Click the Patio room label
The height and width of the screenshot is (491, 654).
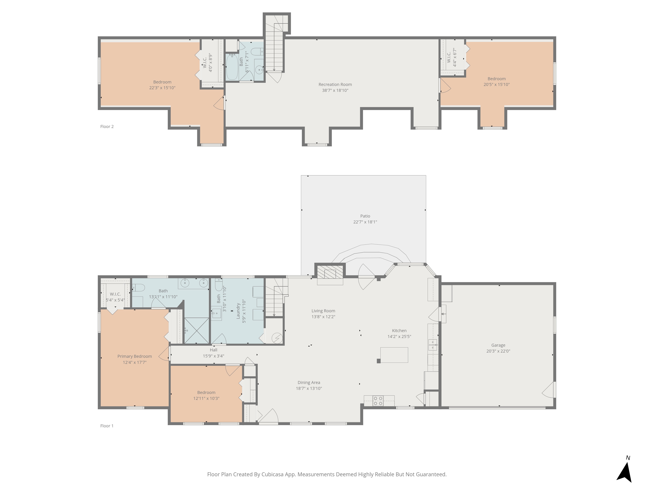365,216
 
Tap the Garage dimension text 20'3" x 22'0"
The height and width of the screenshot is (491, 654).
498,351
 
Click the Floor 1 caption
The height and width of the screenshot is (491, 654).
107,426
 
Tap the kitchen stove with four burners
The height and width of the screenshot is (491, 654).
378,401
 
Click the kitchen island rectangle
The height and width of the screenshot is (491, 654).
394,355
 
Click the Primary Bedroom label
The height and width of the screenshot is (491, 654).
135,356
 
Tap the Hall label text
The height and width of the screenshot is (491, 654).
214,350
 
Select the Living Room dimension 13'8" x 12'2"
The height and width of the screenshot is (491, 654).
323,317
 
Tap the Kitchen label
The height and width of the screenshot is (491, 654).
399,331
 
